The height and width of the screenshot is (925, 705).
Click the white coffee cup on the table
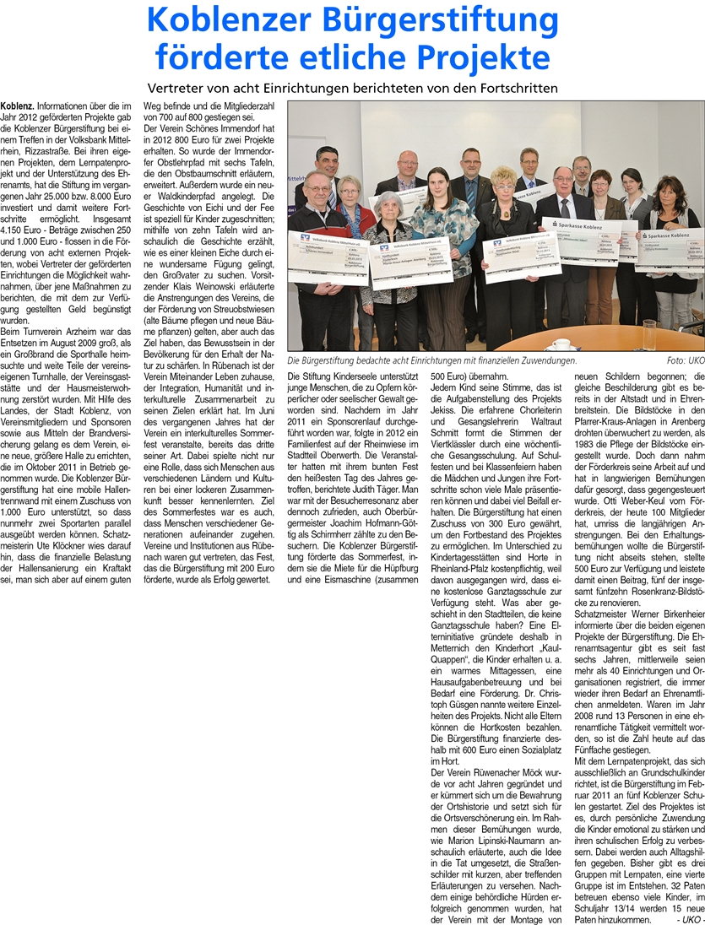tap(561, 343)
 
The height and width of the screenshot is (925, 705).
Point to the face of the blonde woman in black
tap(504, 181)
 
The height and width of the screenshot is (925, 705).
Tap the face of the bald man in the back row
tap(409, 162)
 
